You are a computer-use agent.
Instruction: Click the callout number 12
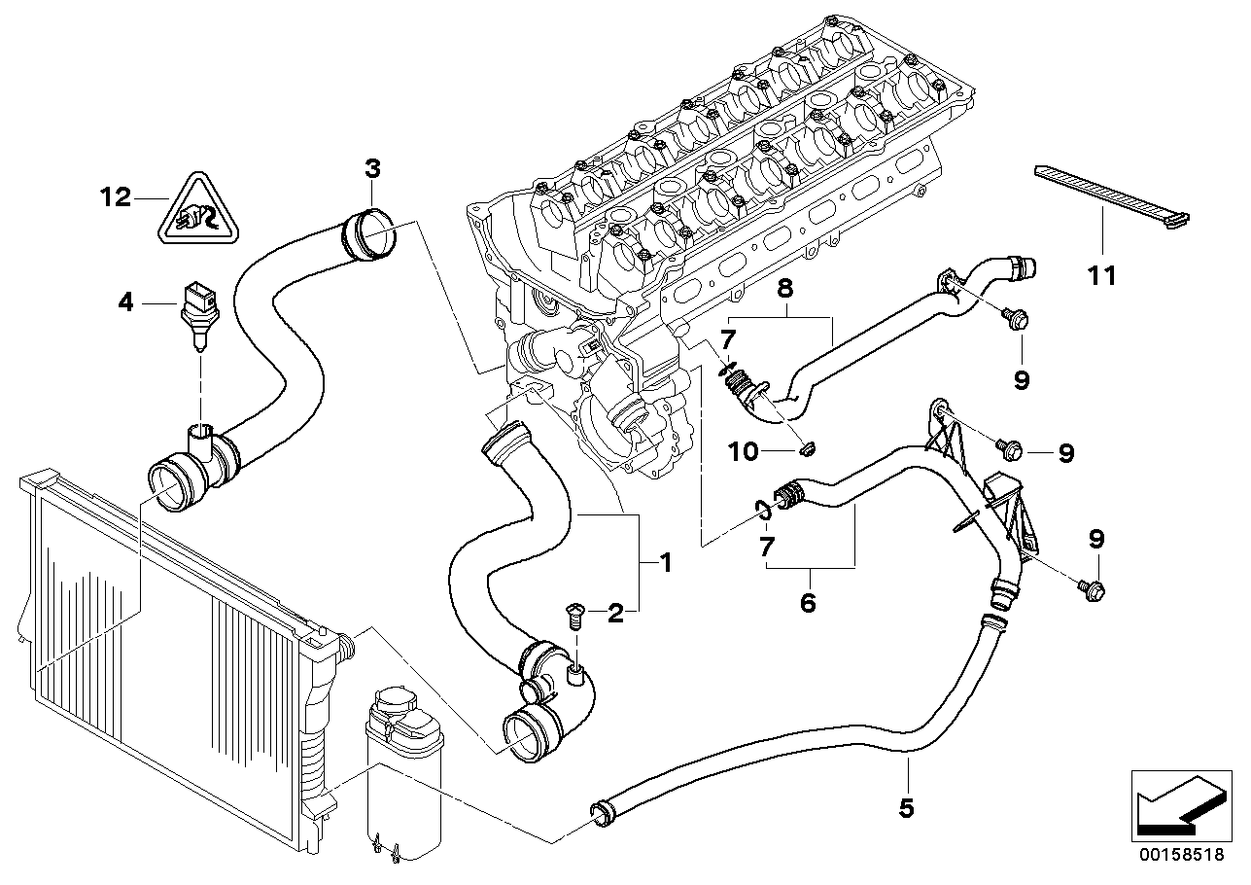pos(116,197)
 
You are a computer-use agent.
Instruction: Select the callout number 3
pos(372,168)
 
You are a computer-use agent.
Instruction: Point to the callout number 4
pos(125,302)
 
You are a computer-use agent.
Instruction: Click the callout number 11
pos(1101,276)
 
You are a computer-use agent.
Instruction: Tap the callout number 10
pos(744,452)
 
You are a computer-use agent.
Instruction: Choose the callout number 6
pos(808,603)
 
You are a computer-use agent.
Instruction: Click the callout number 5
pos(906,808)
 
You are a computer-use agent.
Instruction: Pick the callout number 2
pos(615,614)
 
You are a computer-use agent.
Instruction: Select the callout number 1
pos(665,563)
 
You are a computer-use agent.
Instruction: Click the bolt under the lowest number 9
pos(1092,589)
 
